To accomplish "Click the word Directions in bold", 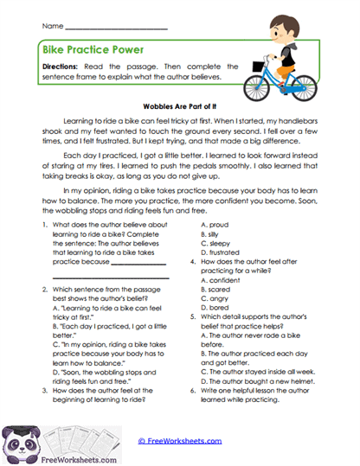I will click(63, 66).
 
